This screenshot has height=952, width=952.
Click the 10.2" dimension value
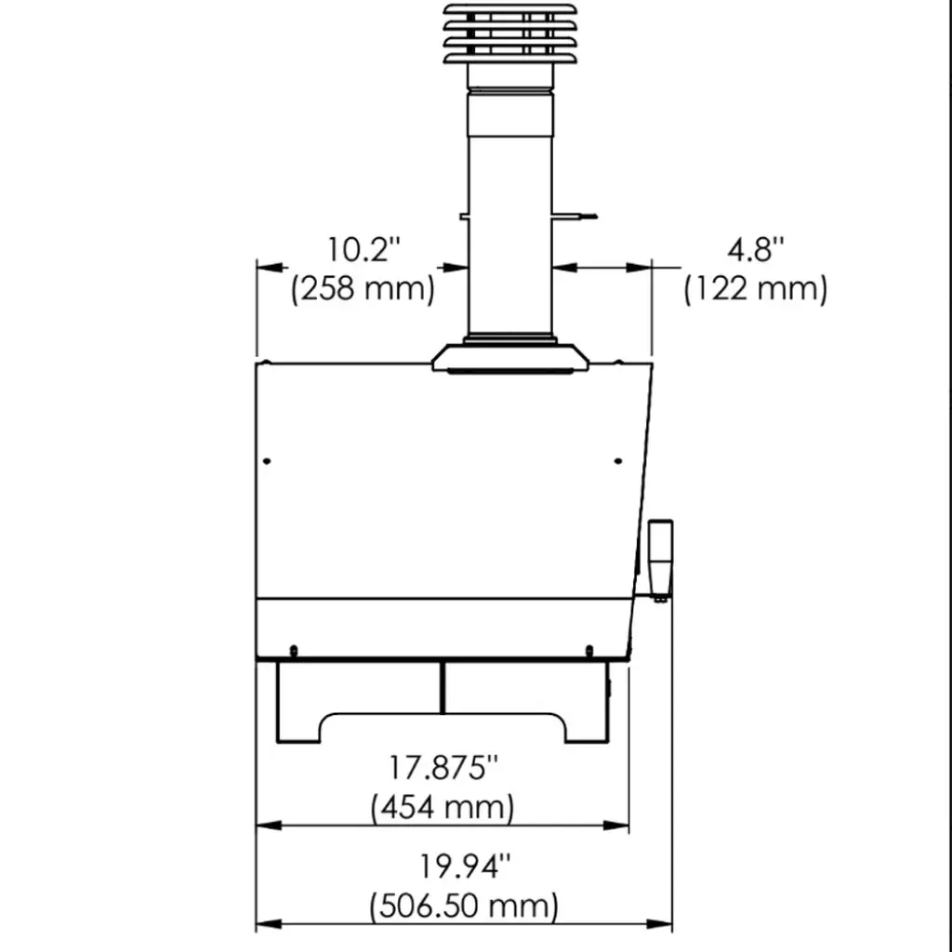[x=364, y=249]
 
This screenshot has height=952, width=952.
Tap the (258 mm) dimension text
[x=364, y=288]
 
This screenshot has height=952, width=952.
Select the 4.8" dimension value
[x=756, y=249]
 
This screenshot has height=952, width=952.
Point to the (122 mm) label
[x=755, y=288]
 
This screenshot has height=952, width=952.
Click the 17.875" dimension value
[x=443, y=767]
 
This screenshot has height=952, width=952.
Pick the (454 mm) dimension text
[x=443, y=808]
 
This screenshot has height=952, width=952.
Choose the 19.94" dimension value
[x=465, y=866]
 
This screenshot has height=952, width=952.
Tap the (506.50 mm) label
[x=464, y=906]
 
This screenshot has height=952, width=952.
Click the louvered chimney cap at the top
[x=510, y=34]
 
